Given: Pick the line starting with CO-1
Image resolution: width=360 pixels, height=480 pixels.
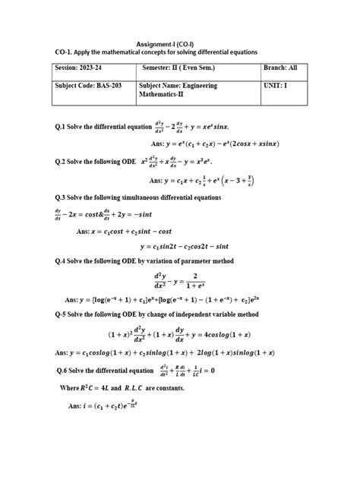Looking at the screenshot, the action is click(x=152, y=52).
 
